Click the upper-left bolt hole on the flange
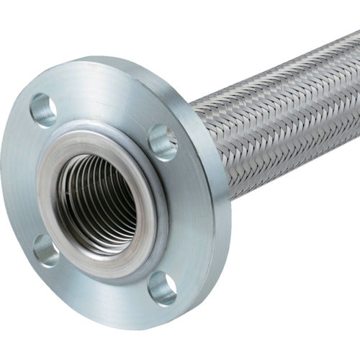43,109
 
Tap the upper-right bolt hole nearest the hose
162,141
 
